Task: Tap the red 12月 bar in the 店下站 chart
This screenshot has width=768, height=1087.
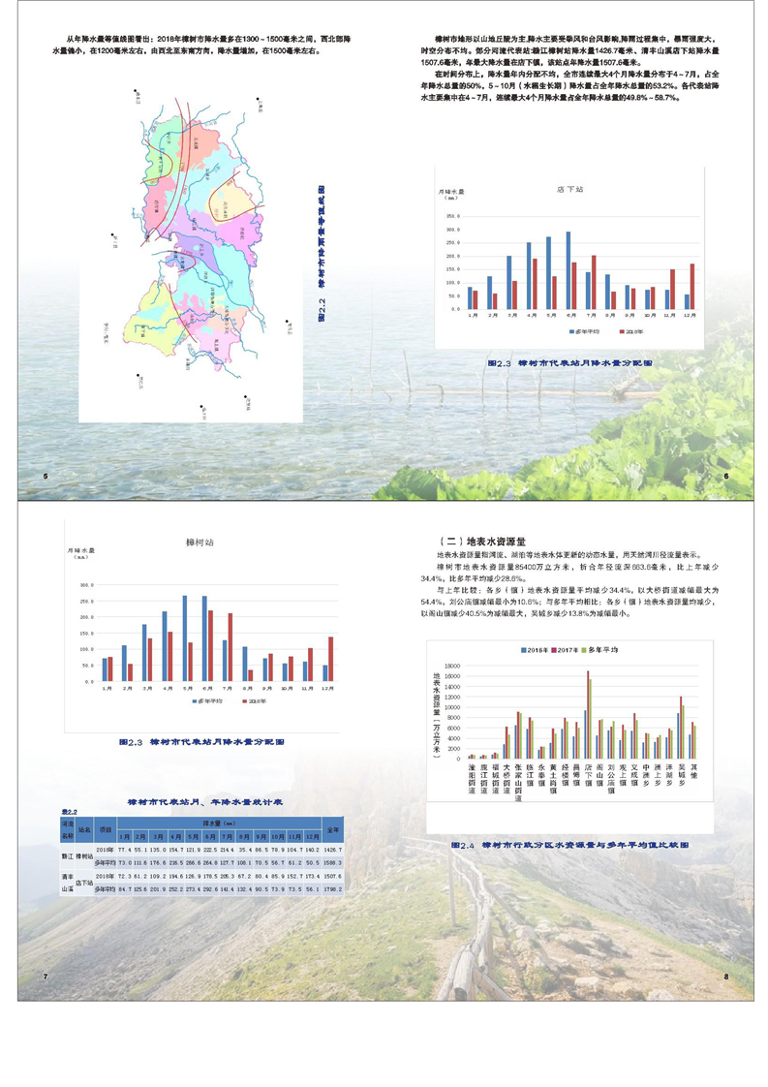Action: tap(691, 286)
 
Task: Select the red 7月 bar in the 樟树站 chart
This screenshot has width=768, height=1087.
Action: tap(230, 646)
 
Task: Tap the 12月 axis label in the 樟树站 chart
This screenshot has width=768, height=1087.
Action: tap(327, 691)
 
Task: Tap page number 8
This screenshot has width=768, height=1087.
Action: tap(725, 976)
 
